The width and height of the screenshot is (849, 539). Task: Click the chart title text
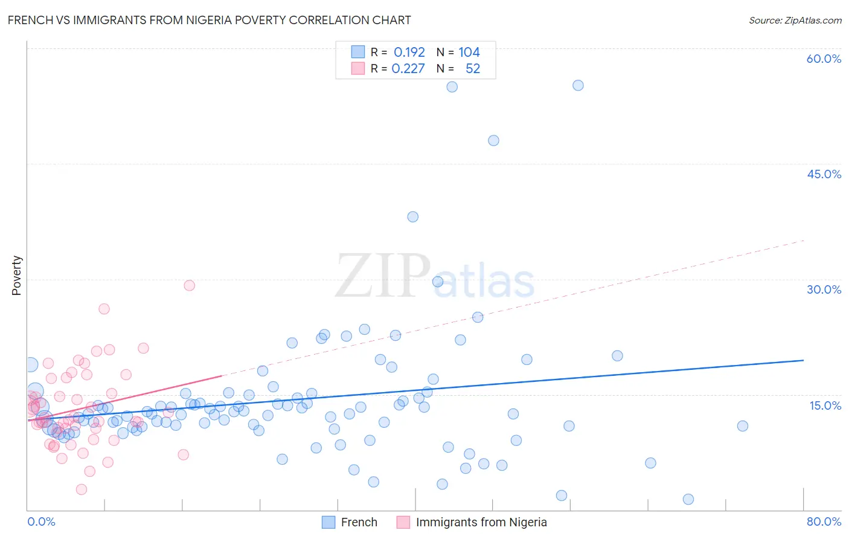[209, 20]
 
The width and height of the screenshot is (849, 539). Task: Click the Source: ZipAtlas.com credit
[795, 21]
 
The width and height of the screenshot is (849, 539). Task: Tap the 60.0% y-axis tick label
[824, 59]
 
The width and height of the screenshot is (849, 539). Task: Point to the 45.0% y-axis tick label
[824, 174]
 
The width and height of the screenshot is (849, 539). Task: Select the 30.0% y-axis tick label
[824, 289]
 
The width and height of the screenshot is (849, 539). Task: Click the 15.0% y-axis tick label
[825, 405]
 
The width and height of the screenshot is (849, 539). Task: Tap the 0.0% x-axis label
[41, 521]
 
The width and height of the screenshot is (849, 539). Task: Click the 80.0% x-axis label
[824, 521]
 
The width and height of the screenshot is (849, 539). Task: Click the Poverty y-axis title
[16, 276]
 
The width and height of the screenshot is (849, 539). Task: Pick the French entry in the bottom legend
[359, 522]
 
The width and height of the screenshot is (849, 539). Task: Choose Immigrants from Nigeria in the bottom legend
[481, 522]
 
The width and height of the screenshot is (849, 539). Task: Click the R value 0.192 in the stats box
[409, 53]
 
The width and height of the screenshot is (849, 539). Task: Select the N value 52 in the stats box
[472, 69]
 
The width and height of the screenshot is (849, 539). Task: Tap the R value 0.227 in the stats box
[408, 69]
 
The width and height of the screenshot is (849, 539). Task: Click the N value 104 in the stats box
[469, 53]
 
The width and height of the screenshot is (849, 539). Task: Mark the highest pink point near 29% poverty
[189, 285]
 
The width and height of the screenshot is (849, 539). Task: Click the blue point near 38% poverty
[412, 217]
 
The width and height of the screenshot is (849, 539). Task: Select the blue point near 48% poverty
[493, 140]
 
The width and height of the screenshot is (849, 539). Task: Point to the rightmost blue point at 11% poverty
[742, 426]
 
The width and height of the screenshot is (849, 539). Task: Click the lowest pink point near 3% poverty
[82, 489]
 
